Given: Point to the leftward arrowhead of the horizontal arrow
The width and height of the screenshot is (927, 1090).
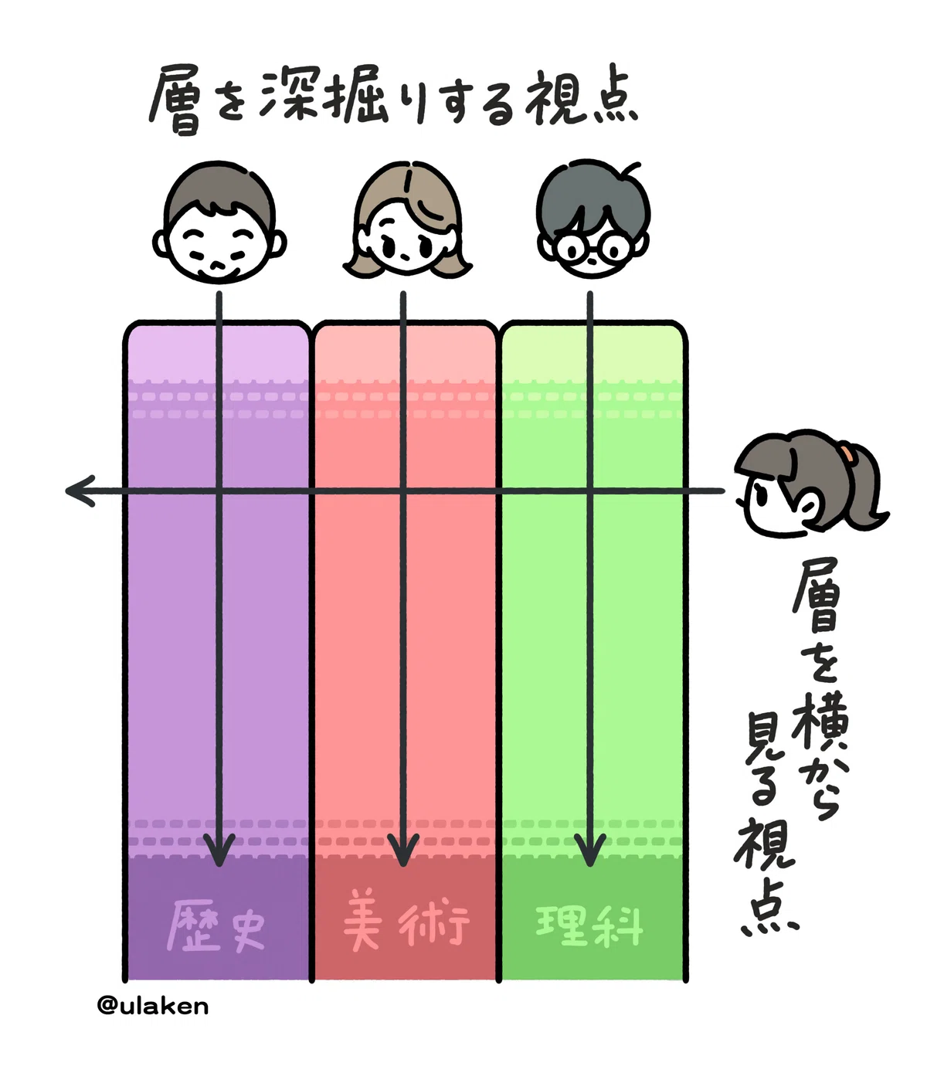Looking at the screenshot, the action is (x=80, y=491).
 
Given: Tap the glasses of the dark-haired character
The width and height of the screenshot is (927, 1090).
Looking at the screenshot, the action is (x=594, y=248).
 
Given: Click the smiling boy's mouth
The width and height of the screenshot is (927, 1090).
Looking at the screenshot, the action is (x=219, y=267).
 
